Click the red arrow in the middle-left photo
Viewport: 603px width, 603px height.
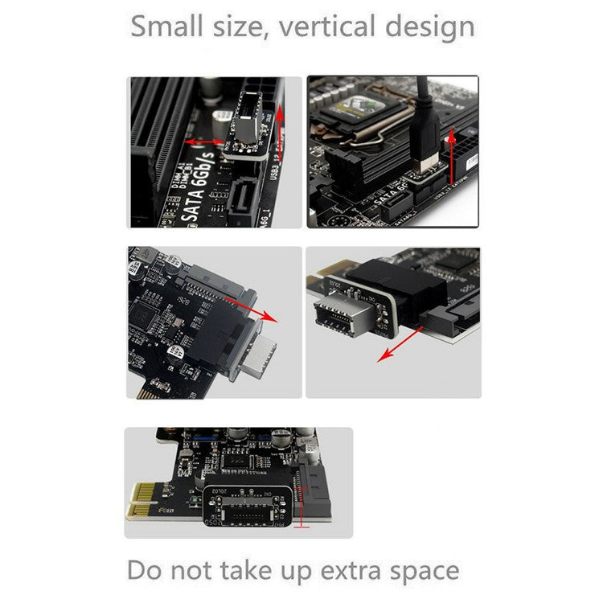[x=249, y=306]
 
